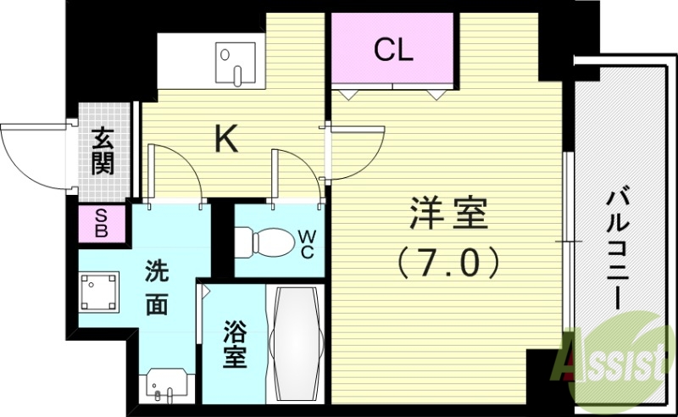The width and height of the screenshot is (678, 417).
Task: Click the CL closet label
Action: (x=394, y=50)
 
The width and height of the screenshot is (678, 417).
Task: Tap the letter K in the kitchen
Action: (x=225, y=138)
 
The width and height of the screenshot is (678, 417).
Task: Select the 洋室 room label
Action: (x=449, y=214)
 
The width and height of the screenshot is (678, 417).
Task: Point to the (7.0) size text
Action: (x=449, y=264)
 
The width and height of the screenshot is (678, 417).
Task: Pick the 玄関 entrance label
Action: (x=103, y=152)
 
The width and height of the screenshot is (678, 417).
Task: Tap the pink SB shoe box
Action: (x=102, y=223)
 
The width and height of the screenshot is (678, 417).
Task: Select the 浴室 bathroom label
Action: (x=235, y=344)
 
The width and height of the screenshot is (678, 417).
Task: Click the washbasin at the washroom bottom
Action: (x=163, y=386)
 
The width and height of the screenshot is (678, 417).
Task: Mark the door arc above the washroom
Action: (x=175, y=174)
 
